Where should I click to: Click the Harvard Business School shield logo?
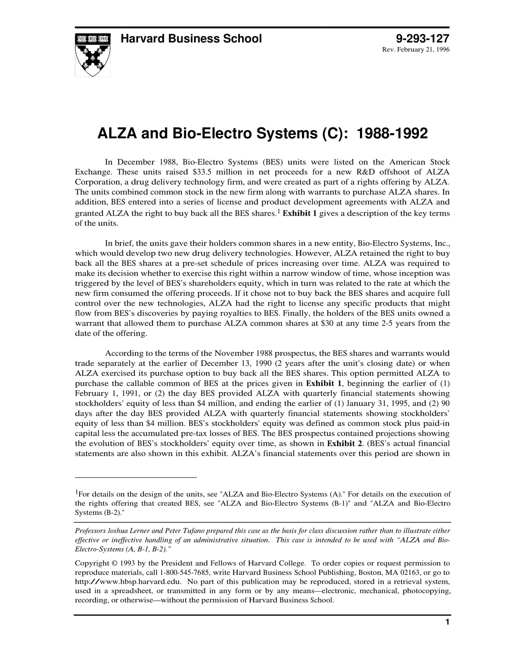coord(92,55)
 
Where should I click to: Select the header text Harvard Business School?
coord(191,38)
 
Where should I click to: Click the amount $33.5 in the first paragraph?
coord(202,172)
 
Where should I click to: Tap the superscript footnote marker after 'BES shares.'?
coord(278,211)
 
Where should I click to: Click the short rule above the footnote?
coord(136,478)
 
